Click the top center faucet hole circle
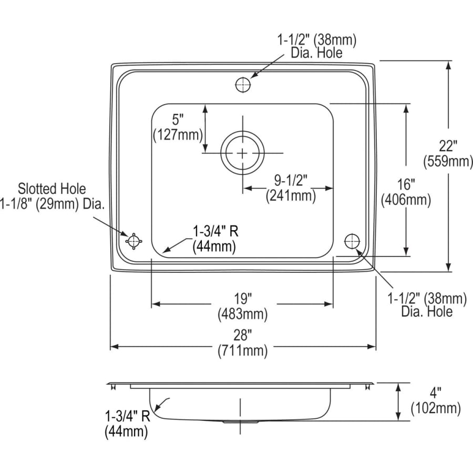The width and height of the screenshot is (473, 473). [x=243, y=84]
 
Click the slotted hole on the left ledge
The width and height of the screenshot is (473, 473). [x=133, y=241]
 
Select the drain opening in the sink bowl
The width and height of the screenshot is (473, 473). [x=242, y=153]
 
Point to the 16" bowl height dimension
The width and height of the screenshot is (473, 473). [x=406, y=184]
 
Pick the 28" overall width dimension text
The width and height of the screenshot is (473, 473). [x=243, y=334]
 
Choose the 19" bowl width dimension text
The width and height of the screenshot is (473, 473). [x=243, y=299]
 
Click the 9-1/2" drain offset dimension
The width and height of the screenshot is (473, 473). [x=290, y=180]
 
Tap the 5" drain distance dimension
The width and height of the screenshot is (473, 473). [x=177, y=119]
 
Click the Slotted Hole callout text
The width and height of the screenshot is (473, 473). [x=52, y=188]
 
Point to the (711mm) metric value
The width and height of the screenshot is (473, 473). [x=243, y=351]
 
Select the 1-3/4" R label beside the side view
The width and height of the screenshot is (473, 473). [x=128, y=416]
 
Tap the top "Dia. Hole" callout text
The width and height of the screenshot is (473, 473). [x=317, y=53]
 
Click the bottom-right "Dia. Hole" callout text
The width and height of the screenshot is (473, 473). [x=427, y=312]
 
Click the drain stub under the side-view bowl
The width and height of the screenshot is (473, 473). [x=241, y=421]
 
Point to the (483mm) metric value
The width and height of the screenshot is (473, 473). [x=243, y=315]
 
